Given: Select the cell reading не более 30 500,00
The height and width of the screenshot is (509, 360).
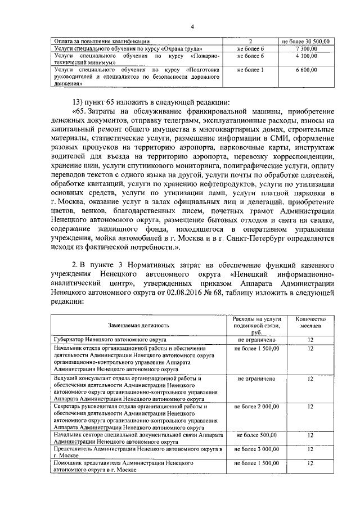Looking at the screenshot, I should pyautogui.click(x=306, y=41).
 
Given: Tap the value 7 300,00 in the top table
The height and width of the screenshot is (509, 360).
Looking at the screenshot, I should pyautogui.click(x=306, y=49).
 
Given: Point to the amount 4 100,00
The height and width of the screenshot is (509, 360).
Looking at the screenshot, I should pyautogui.click(x=306, y=56).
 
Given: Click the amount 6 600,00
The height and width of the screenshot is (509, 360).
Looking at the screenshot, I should pyautogui.click(x=306, y=70).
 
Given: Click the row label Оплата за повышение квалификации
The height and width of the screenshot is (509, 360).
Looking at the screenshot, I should pyautogui.click(x=102, y=41).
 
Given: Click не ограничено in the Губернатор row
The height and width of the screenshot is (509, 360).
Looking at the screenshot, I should pyautogui.click(x=256, y=340).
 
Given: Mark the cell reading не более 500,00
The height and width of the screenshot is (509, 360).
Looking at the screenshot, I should pyautogui.click(x=256, y=435).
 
